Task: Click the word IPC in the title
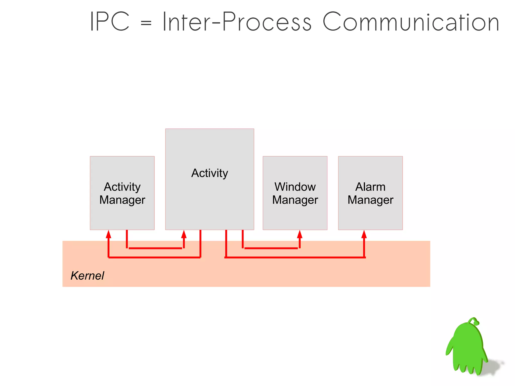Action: coord(110,22)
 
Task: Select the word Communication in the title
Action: coord(411,22)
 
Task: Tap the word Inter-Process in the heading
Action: coord(237,22)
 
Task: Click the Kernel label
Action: coord(87,276)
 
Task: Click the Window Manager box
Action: coord(295,214)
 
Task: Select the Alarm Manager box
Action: coord(370,214)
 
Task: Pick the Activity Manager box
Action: coord(122,214)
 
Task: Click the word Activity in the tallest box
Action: coord(209,173)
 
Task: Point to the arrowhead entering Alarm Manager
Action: coord(364,234)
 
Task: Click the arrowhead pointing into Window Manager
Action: coord(299,234)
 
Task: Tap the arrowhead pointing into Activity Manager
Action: coord(108,234)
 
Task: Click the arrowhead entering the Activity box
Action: coord(184,234)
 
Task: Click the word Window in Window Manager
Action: coord(295,187)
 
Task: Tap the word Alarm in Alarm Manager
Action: coord(370,187)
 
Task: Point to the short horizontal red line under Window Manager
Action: coord(271,248)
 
